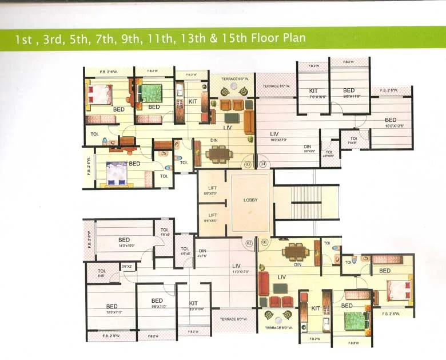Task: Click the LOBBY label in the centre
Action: coord(250,200)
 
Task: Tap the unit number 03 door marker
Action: coord(248,164)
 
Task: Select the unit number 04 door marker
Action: coord(263,164)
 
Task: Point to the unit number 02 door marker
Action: coord(249,242)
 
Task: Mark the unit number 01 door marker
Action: coord(264,242)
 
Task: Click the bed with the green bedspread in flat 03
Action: coord(152,93)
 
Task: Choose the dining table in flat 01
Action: coord(295,251)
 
